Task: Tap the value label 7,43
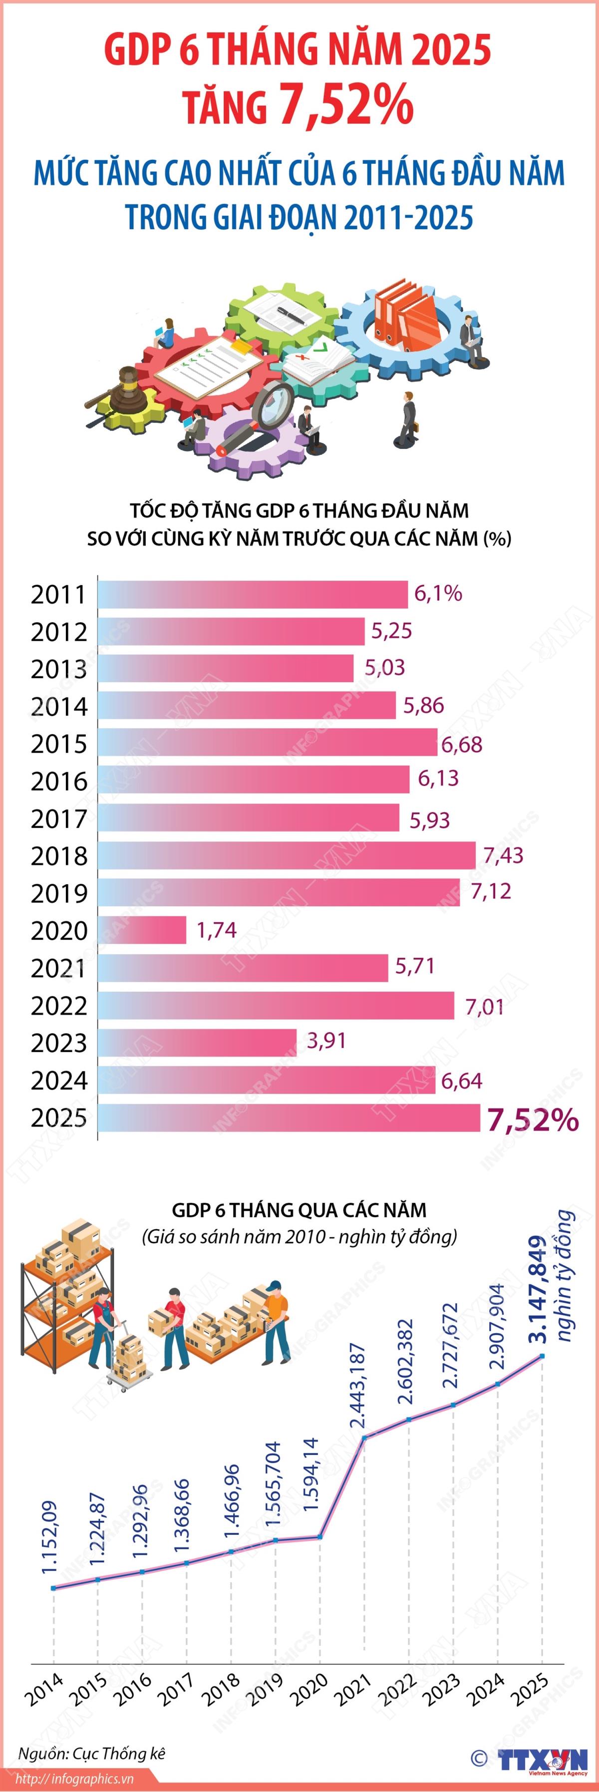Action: [x=503, y=854]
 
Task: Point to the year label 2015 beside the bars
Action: [x=59, y=743]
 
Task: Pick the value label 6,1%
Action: [x=438, y=593]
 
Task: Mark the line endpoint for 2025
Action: [x=543, y=1356]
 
